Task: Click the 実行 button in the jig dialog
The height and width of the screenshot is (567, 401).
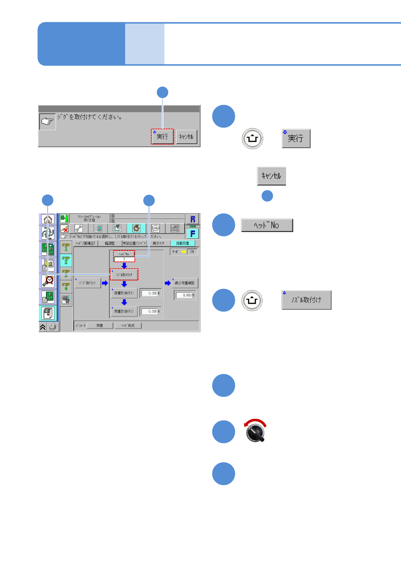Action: (x=162, y=137)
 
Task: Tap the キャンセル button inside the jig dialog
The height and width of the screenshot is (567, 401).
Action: (x=186, y=137)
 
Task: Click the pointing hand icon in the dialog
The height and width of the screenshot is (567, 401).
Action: (x=48, y=122)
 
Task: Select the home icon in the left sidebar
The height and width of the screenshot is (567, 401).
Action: (x=48, y=219)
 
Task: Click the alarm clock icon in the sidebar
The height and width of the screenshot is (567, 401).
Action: (x=48, y=280)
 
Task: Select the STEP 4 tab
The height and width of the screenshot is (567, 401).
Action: (x=66, y=287)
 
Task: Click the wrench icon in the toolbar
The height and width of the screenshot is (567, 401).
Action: (x=79, y=228)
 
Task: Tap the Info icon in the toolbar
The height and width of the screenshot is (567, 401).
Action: (x=155, y=228)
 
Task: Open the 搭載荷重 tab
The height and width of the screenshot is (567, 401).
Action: (x=183, y=243)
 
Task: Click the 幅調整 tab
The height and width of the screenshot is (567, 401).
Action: (x=110, y=243)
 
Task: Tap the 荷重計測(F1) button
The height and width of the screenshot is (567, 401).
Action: (x=124, y=293)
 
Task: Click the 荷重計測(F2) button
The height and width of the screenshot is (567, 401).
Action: (x=124, y=311)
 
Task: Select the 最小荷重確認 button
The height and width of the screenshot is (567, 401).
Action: (x=185, y=283)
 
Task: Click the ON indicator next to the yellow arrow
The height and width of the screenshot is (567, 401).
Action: (x=192, y=252)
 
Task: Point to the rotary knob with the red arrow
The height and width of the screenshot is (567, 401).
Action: (x=255, y=432)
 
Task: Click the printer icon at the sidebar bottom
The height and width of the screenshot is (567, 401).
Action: (x=53, y=327)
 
